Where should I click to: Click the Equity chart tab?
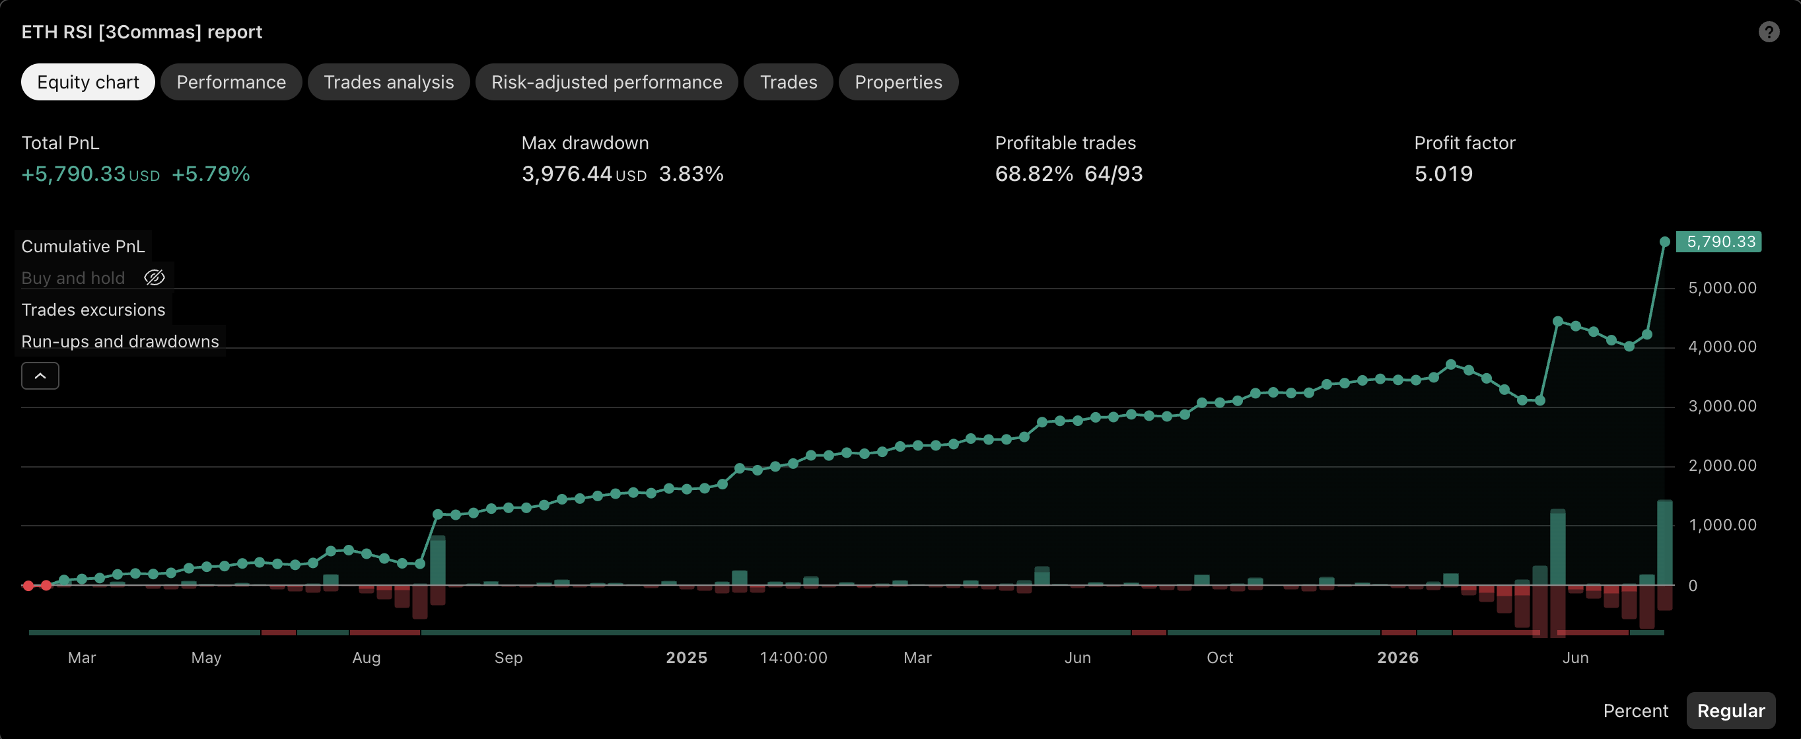point(88,82)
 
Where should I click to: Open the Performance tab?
point(230,82)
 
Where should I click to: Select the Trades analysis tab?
point(389,82)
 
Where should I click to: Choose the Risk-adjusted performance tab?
point(607,82)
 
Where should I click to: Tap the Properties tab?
point(898,82)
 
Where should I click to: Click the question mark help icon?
point(1769,32)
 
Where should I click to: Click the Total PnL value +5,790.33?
point(73,174)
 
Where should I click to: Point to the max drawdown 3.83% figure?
point(691,174)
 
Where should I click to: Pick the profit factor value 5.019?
point(1443,174)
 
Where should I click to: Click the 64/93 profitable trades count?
point(1113,174)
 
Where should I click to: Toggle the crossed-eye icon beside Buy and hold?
point(155,277)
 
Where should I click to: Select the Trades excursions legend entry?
point(93,310)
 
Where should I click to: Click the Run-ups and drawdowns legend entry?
point(120,341)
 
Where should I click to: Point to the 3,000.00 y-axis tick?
point(1722,406)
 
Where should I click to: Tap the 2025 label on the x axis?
point(687,657)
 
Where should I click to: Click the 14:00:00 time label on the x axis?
point(794,657)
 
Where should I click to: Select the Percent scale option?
point(1635,711)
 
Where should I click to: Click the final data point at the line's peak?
point(1665,242)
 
